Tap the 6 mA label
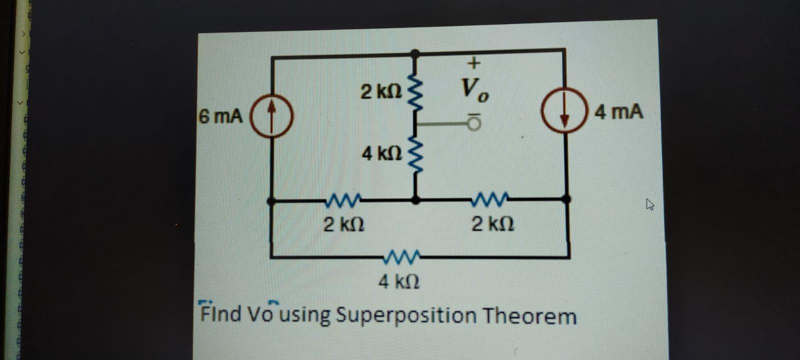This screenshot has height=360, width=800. pos(220,116)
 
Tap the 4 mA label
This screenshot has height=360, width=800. pos(618,112)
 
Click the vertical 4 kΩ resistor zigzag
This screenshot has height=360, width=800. pos(415,154)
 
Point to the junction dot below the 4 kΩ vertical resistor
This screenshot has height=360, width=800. pos(415,200)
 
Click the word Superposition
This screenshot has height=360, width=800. pos(405,316)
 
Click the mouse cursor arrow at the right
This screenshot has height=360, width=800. pos(650,204)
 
